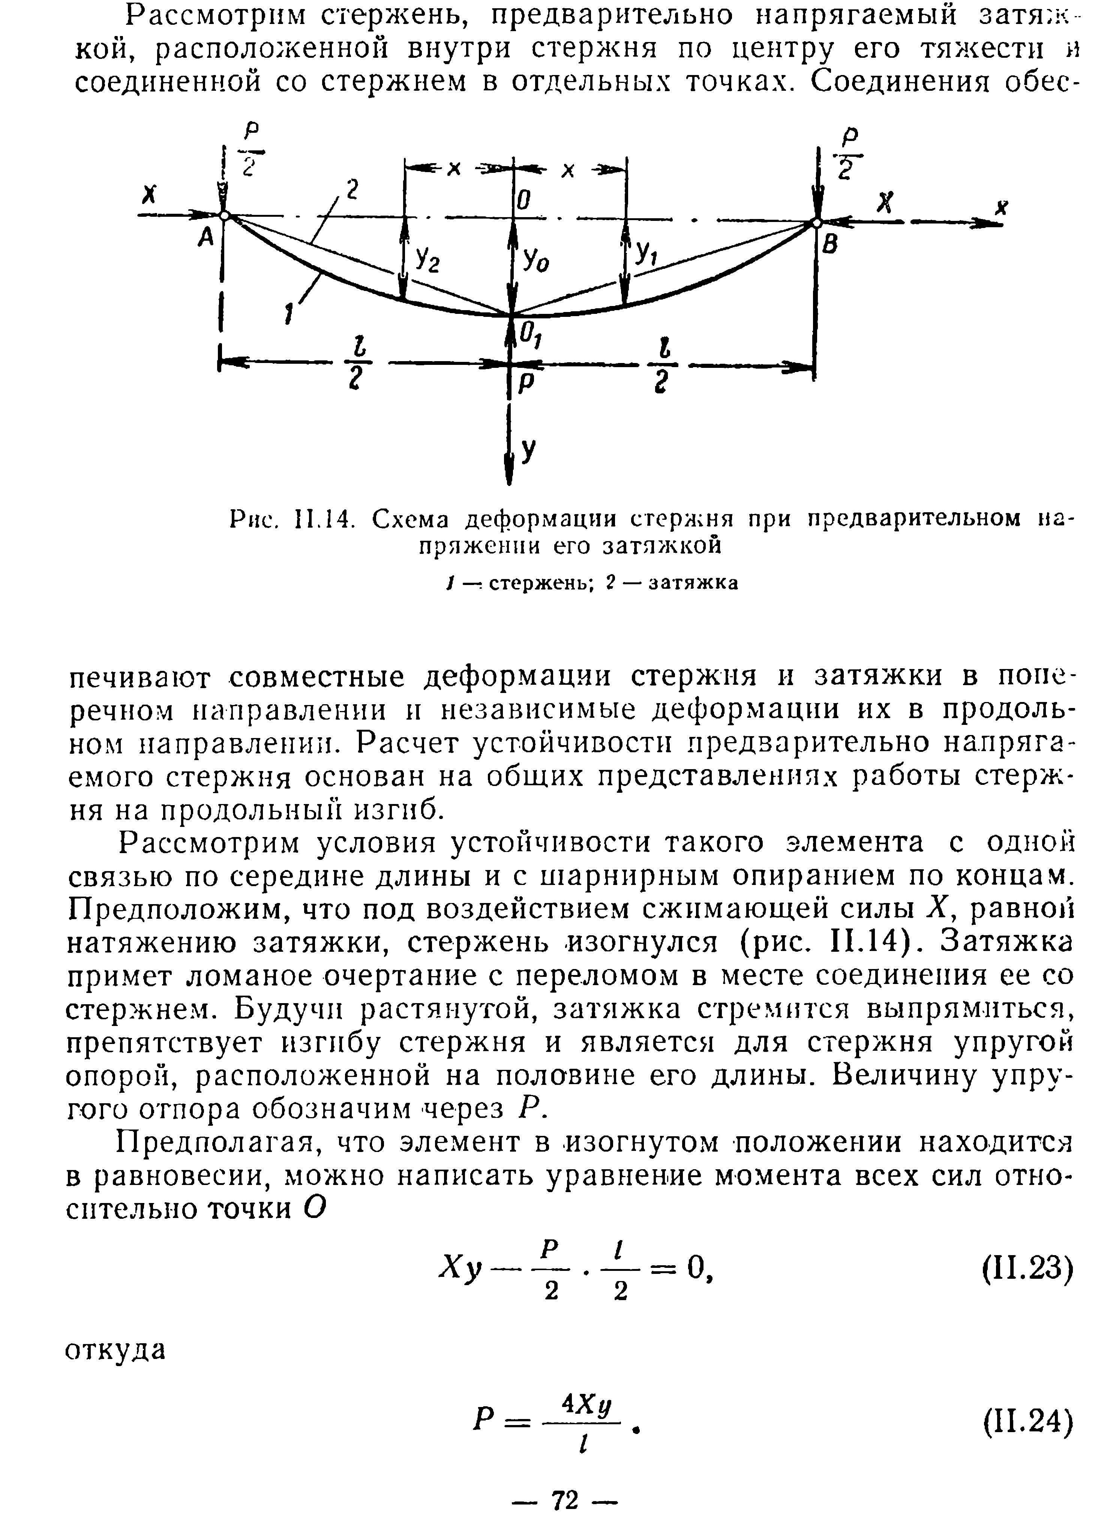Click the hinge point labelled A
point(226,216)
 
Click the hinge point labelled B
point(817,222)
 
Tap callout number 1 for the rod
point(289,313)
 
